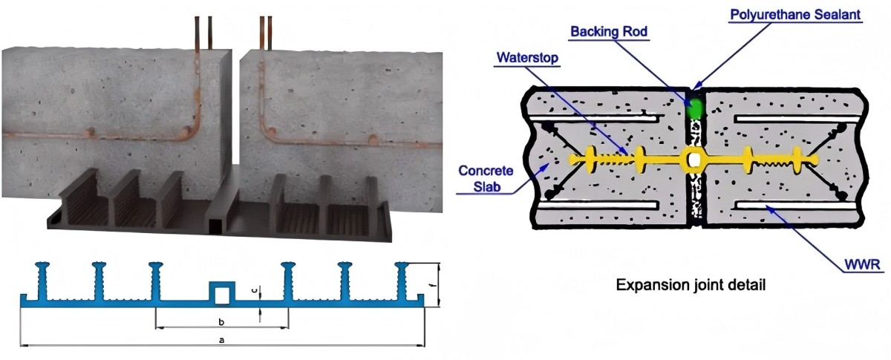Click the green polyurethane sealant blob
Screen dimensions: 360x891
click(695, 108)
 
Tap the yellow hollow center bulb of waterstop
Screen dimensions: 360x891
click(693, 158)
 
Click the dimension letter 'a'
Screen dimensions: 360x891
click(221, 339)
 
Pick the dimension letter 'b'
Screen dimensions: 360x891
click(221, 321)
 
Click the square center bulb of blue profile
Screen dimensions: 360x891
click(221, 293)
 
